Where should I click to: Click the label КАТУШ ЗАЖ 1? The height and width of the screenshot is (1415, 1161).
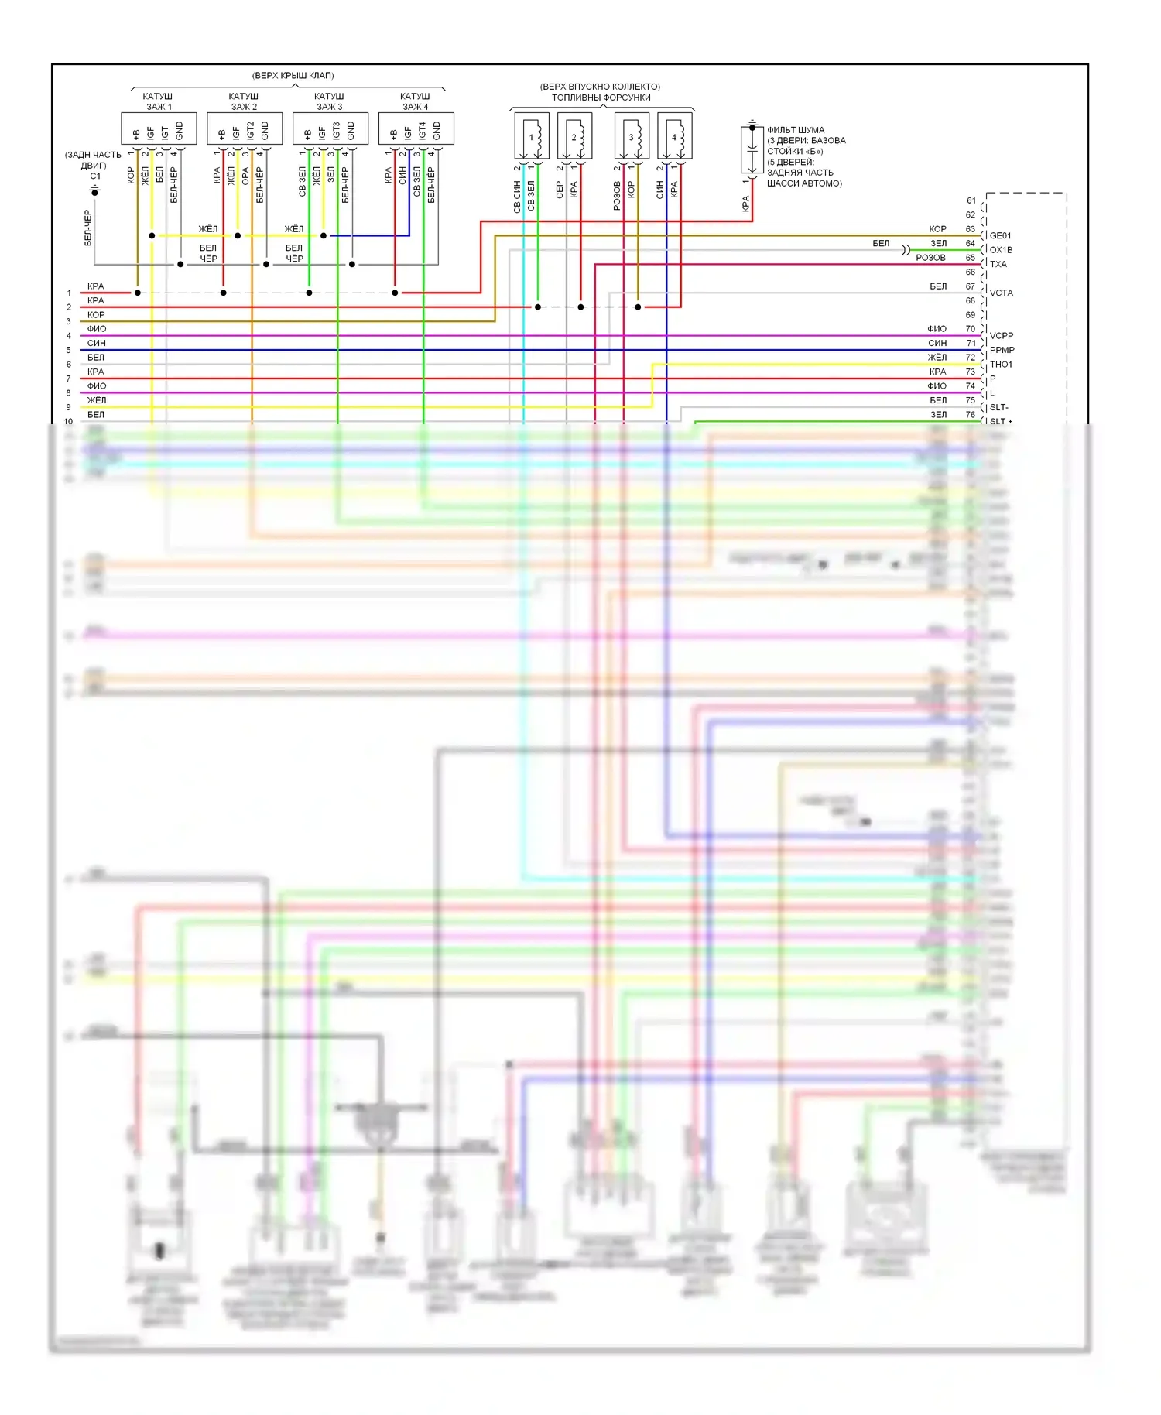tap(158, 101)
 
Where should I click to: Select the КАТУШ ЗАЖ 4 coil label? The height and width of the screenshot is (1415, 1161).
tap(415, 101)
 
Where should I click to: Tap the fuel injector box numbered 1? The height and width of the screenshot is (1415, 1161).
tap(532, 136)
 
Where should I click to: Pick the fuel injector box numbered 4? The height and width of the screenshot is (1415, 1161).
tap(674, 136)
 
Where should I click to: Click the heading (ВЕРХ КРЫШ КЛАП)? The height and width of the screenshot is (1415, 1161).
tap(293, 75)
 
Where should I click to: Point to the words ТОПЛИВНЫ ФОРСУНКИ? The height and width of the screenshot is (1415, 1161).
tap(601, 98)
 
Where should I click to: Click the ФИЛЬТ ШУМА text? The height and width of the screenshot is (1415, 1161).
tap(796, 130)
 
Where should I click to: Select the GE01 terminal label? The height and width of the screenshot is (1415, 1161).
tap(1000, 235)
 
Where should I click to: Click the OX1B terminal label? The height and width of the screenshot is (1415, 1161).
tap(1001, 250)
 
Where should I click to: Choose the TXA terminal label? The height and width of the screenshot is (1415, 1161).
tap(998, 264)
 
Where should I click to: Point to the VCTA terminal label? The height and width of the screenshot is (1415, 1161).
tap(1001, 293)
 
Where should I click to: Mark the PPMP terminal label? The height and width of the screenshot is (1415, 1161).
tap(1002, 350)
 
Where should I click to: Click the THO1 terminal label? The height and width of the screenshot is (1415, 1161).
tap(1001, 365)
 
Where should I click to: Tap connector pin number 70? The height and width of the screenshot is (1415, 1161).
tap(970, 329)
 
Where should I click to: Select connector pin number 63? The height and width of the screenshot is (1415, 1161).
tap(970, 229)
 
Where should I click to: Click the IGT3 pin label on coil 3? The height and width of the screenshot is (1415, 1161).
tap(337, 131)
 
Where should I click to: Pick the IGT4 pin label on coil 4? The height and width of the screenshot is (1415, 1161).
tap(423, 131)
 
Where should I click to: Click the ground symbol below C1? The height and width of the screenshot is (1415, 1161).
tap(95, 190)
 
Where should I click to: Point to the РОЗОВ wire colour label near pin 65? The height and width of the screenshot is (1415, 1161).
tap(930, 258)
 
